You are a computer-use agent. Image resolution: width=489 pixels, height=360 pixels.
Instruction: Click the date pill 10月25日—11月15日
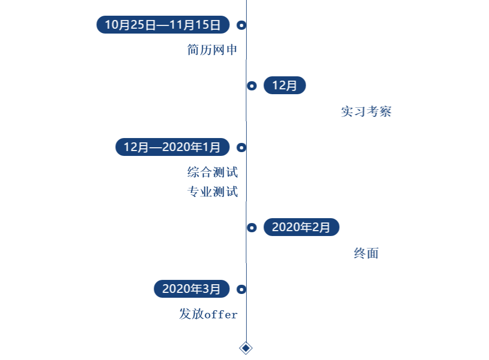(163, 25)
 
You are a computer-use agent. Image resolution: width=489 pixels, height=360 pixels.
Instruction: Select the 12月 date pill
(285, 86)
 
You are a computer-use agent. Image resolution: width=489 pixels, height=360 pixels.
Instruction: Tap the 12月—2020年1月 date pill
(172, 147)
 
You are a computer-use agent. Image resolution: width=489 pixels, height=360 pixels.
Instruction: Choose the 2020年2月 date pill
(301, 227)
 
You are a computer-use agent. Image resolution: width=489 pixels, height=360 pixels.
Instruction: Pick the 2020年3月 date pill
(191, 289)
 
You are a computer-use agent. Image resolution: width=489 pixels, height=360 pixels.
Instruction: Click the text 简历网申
(213, 50)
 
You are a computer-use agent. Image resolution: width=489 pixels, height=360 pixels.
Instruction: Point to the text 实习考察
(366, 112)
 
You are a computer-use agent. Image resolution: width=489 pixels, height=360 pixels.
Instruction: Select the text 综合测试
(213, 173)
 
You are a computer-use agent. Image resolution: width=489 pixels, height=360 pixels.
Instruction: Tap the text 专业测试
(213, 192)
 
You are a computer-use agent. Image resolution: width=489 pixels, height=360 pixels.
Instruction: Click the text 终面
(366, 253)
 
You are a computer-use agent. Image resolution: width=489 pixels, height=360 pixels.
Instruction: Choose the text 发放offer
(208, 315)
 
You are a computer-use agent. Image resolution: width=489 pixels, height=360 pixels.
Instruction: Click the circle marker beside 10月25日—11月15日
(241, 25)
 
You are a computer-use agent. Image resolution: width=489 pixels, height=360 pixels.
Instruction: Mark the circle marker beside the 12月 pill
(252, 86)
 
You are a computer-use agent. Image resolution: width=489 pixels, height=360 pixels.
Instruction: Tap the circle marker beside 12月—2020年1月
(241, 147)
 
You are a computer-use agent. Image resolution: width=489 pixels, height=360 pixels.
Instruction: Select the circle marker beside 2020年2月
(252, 227)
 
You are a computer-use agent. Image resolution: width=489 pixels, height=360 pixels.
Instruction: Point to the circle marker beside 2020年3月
(241, 289)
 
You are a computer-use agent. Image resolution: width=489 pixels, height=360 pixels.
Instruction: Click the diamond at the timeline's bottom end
(246, 348)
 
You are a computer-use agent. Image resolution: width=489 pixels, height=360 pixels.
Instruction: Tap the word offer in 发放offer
(221, 315)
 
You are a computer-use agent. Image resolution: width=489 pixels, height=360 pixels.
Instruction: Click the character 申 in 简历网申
(232, 50)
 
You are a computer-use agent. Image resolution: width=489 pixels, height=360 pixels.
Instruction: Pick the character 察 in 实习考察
(385, 112)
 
